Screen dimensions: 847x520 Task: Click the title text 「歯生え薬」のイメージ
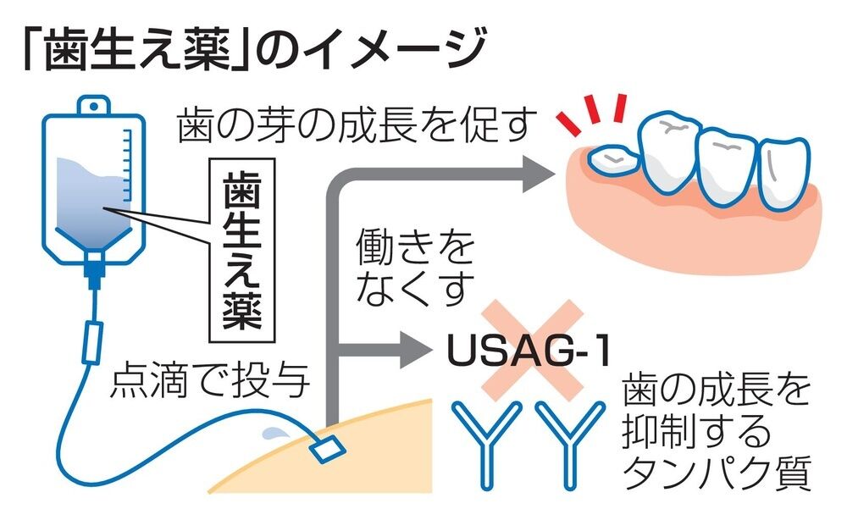coord(254,49)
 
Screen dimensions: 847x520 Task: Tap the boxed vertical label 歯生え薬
coord(242,251)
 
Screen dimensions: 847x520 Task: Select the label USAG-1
coord(529,350)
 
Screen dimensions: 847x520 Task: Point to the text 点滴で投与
coord(210,379)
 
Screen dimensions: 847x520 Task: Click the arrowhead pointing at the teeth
coord(539,174)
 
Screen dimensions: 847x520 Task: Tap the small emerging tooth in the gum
coord(612,160)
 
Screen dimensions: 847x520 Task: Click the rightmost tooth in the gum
coord(784,172)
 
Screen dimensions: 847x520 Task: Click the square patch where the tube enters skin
coord(327,449)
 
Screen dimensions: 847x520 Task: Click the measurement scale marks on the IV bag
coord(126,164)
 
